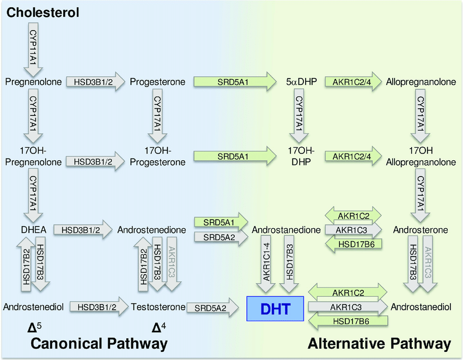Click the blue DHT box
pos(275,308)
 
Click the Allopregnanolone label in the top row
pos(421,82)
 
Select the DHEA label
pos(34,230)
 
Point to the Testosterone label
pos(158,307)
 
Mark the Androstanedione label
pos(286,230)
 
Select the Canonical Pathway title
pos(98,344)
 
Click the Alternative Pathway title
pos(379,344)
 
